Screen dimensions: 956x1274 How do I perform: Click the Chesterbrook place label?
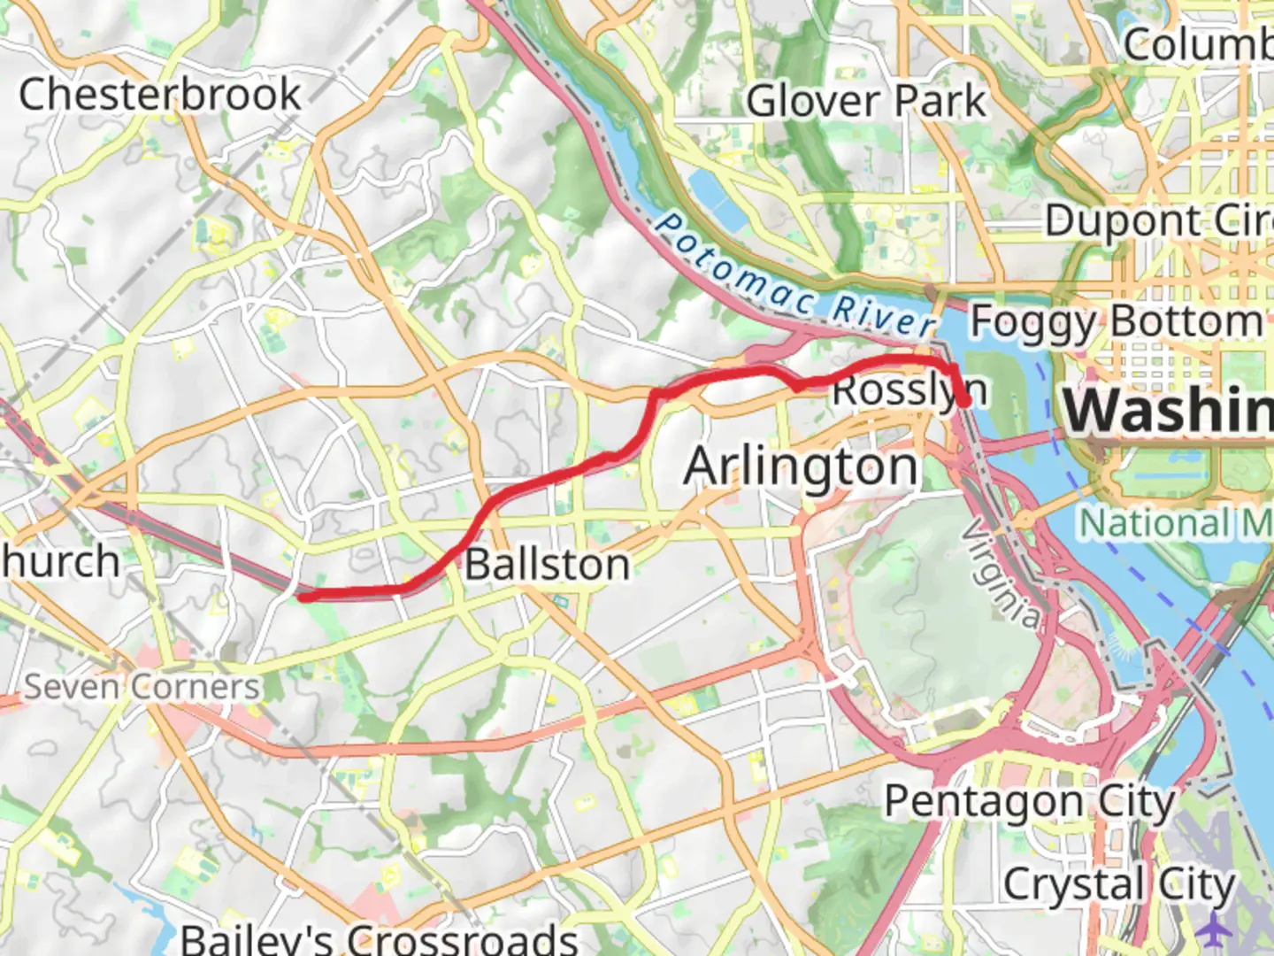coord(160,95)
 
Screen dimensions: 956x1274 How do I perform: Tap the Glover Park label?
coord(865,101)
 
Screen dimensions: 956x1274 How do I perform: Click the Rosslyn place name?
coord(909,390)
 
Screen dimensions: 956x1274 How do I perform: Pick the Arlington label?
coord(801,466)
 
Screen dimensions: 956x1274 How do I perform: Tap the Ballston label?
coord(548,565)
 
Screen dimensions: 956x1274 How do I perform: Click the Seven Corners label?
coord(142,687)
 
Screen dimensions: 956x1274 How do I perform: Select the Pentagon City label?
coord(1030,802)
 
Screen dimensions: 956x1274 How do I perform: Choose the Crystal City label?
coord(1118,884)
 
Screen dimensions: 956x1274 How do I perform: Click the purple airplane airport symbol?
coord(1216,929)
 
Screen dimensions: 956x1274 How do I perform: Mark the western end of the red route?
coord(303,597)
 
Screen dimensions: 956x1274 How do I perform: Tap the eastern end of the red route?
coord(965,402)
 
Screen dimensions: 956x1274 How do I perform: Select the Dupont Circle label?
coord(1159,221)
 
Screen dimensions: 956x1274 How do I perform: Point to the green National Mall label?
coord(1175,523)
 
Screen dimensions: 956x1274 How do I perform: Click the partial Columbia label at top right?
coord(1198,44)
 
